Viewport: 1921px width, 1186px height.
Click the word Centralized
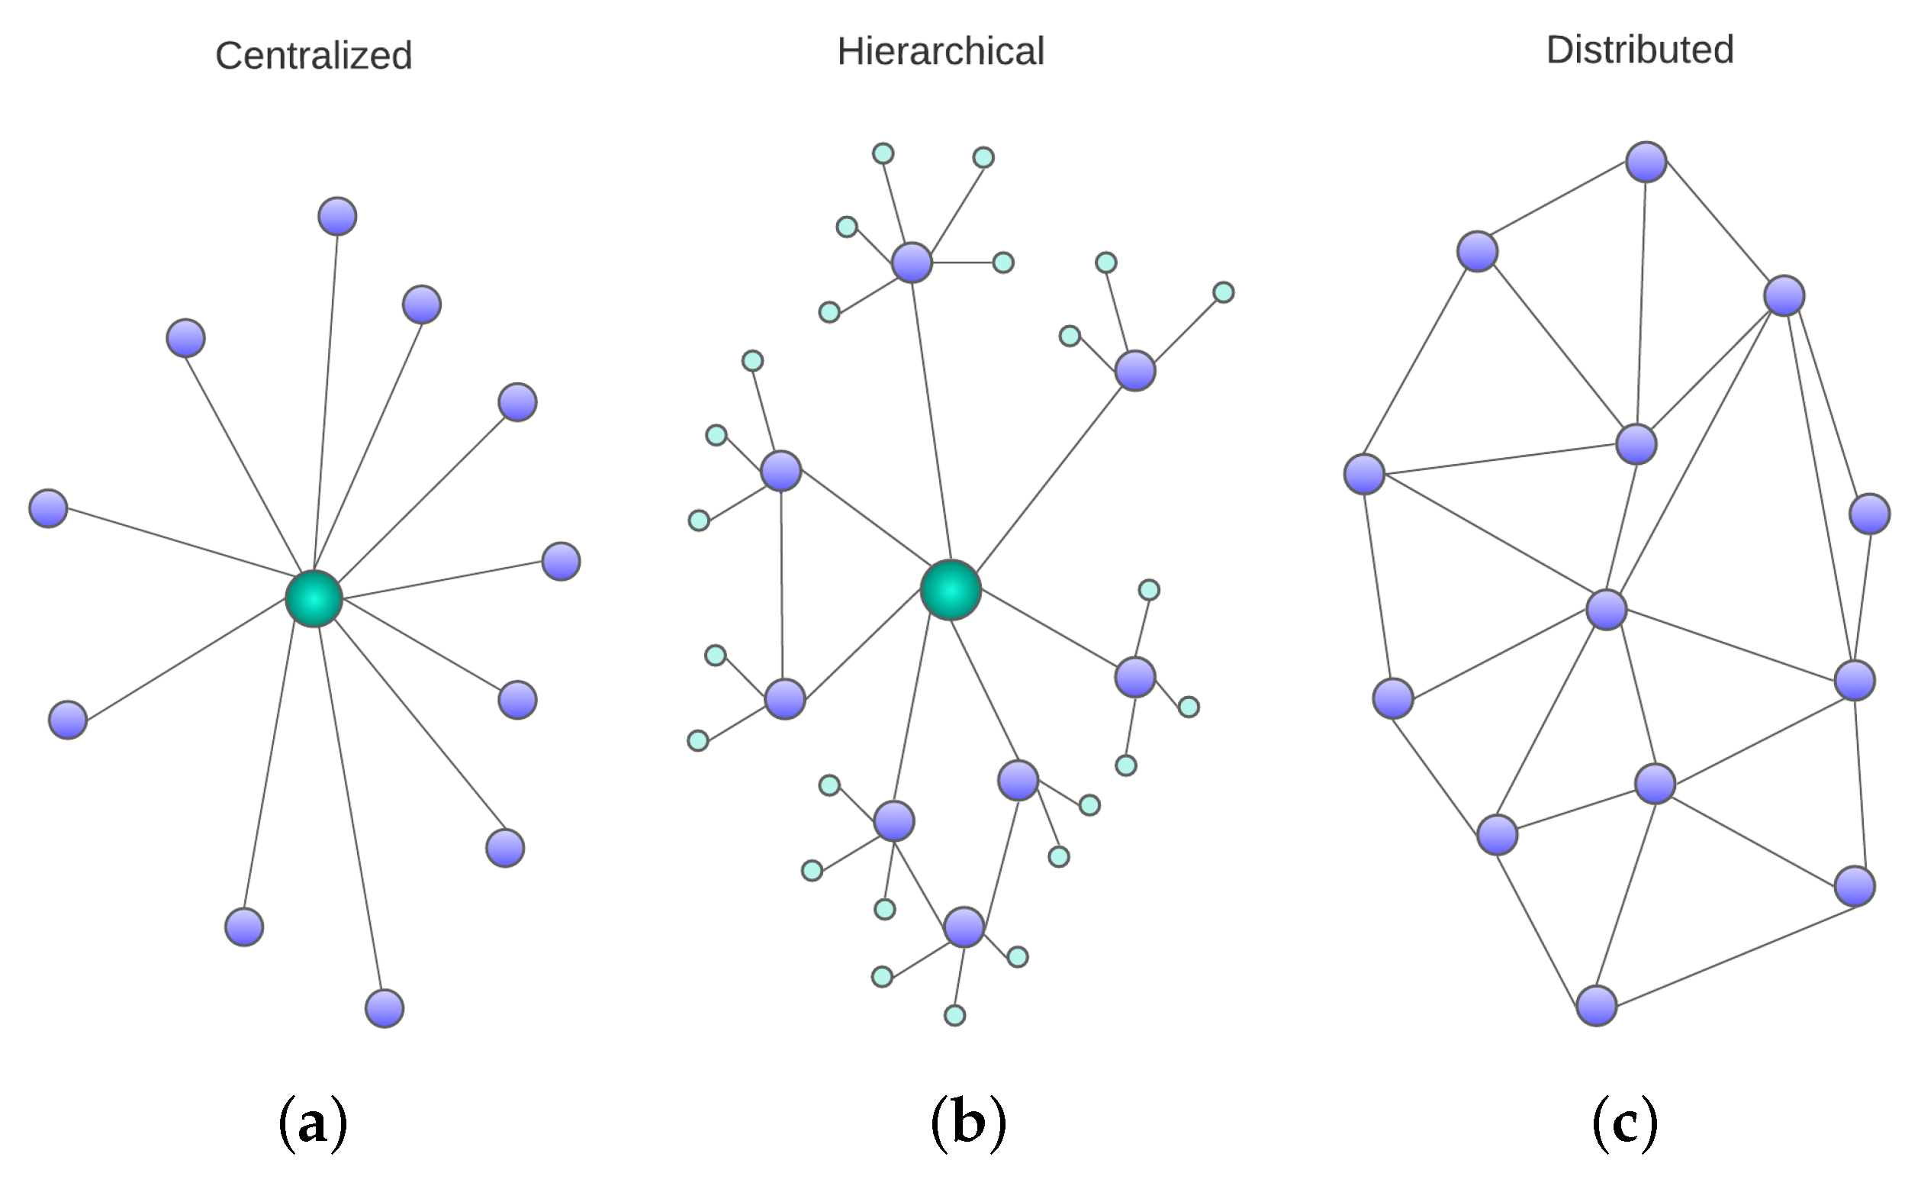(x=314, y=56)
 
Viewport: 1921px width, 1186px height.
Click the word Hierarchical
(x=940, y=52)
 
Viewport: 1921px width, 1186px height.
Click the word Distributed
(x=1639, y=50)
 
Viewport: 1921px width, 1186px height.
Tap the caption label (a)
(x=313, y=1123)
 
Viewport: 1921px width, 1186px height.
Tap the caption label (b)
(x=968, y=1123)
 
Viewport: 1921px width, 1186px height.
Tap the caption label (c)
(x=1625, y=1123)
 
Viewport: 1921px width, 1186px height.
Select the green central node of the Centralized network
(x=314, y=599)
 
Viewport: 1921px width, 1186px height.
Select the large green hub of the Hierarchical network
(x=951, y=590)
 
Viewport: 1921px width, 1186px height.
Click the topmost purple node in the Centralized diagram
(x=337, y=217)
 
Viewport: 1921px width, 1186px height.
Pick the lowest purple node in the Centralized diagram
(x=385, y=1008)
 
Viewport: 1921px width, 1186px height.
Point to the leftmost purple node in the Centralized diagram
(x=48, y=508)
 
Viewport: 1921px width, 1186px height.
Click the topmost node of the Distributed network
(x=1646, y=162)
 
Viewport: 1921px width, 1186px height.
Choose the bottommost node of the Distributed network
(x=1597, y=1006)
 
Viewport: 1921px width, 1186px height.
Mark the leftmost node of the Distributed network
(x=1364, y=474)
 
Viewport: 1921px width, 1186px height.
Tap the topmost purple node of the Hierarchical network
(x=912, y=262)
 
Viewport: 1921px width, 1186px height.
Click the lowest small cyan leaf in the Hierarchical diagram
(x=954, y=1016)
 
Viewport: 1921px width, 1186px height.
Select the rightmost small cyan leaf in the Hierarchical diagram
(x=1223, y=292)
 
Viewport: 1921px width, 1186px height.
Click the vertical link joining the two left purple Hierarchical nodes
(x=781, y=585)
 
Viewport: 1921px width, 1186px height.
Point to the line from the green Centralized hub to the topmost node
(x=326, y=408)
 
